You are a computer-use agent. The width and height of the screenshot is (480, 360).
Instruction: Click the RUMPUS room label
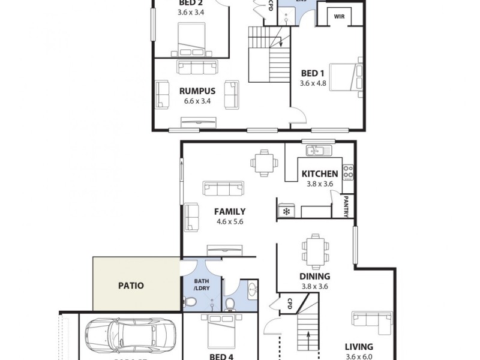(197, 91)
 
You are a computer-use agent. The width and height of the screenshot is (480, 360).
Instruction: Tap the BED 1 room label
(313, 73)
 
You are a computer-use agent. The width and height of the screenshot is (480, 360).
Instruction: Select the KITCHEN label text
(320, 174)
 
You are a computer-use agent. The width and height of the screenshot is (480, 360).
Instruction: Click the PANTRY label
(347, 206)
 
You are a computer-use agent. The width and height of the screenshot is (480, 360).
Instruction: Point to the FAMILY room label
(230, 211)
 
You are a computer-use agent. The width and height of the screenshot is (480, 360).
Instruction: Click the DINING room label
(315, 277)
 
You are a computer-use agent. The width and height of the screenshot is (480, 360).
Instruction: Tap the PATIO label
(131, 286)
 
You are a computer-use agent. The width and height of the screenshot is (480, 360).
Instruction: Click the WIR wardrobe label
(339, 17)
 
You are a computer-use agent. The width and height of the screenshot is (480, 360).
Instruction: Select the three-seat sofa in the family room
(224, 188)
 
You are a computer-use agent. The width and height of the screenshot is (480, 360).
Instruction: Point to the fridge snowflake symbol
(286, 211)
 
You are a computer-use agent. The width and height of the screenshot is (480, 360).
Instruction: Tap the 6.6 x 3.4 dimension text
(197, 101)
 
